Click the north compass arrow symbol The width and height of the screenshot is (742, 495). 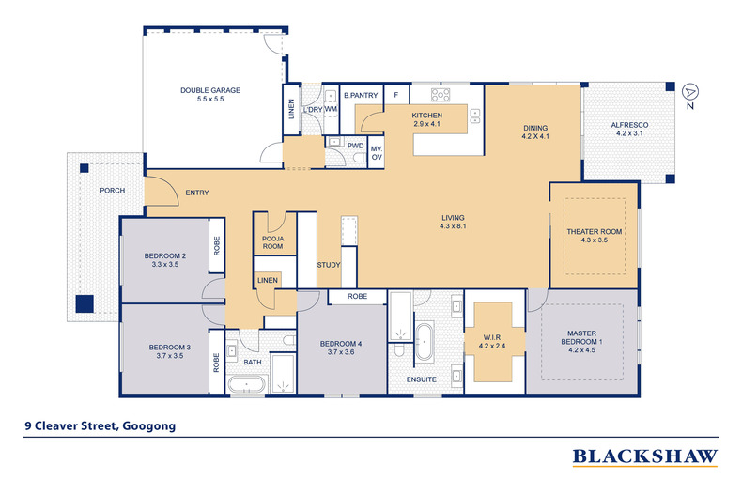(690, 91)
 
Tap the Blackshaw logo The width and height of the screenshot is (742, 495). (645, 457)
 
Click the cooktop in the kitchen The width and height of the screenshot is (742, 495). (441, 95)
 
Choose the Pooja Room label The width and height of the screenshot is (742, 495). (272, 242)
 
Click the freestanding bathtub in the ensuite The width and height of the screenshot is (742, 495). (425, 342)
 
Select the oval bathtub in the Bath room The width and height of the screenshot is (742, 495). (248, 384)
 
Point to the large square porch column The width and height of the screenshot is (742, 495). (85, 303)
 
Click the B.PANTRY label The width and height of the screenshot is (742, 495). (361, 95)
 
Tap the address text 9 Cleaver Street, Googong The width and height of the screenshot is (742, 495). (100, 425)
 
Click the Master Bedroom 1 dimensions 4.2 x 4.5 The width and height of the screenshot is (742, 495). (581, 350)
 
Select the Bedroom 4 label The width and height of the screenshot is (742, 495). (341, 344)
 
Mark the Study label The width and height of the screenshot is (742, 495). (329, 265)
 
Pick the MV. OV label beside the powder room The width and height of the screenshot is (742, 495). (377, 153)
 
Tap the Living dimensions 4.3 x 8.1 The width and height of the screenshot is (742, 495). (453, 226)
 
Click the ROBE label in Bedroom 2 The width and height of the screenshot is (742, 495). (217, 246)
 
